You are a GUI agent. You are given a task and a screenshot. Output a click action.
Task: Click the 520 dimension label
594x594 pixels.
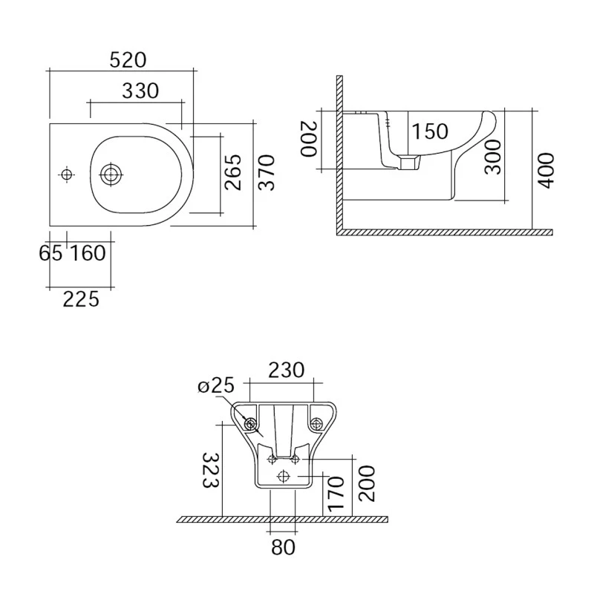coord(127,60)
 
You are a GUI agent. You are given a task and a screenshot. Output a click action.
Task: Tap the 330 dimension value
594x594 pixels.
coord(140,91)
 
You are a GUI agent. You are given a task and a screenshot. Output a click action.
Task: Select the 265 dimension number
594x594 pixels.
coord(234,172)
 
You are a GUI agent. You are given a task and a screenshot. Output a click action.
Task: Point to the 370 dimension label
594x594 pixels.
coord(267,172)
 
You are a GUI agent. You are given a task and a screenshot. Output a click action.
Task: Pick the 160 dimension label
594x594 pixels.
coord(88,253)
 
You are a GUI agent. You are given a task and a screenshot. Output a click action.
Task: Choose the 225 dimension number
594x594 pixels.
coord(80,299)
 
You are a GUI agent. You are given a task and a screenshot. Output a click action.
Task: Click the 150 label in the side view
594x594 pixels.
coord(430,131)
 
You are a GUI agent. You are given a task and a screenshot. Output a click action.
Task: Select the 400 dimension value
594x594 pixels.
coord(546,170)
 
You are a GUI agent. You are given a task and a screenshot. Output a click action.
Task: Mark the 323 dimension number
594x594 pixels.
coord(210,471)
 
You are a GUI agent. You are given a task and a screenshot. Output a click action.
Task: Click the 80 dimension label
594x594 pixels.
coord(284,548)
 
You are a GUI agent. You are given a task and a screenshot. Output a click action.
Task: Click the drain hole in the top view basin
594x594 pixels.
coord(111,174)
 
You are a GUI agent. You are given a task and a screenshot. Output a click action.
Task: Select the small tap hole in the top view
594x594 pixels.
coord(67,174)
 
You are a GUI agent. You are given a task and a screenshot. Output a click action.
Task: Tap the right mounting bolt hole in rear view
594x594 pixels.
coord(317,424)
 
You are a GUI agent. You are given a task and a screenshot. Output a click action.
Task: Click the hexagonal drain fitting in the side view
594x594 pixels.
coord(407,162)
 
